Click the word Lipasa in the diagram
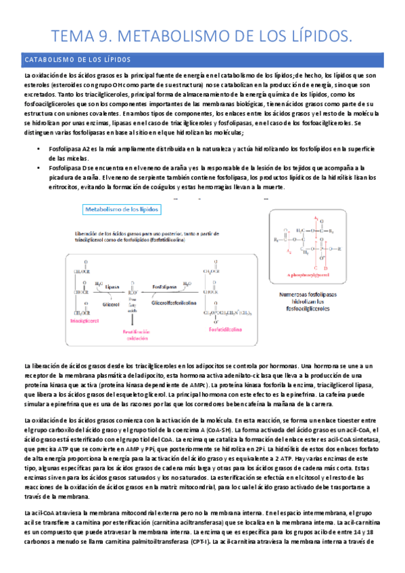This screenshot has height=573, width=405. [x=114, y=286]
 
